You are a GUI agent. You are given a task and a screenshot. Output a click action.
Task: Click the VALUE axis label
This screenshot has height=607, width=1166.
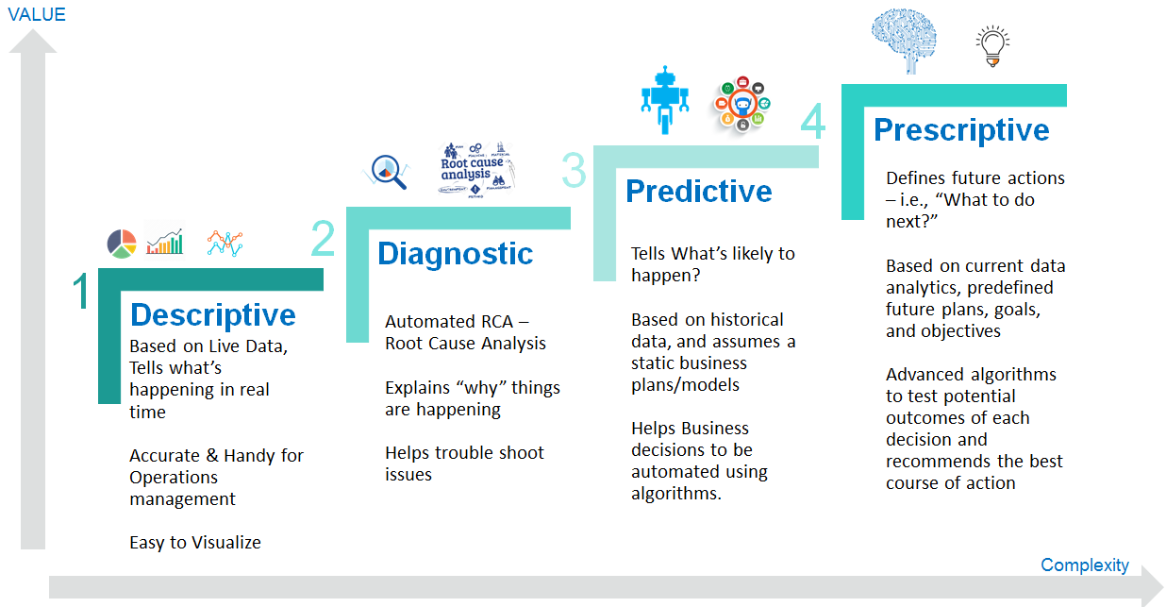pyautogui.click(x=36, y=14)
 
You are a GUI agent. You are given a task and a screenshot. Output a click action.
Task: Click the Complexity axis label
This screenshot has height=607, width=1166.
pyautogui.click(x=1084, y=565)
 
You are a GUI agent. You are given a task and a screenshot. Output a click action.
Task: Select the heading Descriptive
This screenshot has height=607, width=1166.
pyautogui.click(x=212, y=314)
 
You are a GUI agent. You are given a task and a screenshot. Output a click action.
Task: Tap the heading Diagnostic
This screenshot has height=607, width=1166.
pyautogui.click(x=455, y=253)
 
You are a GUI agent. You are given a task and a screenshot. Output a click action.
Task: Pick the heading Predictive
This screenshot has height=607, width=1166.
pyautogui.click(x=698, y=191)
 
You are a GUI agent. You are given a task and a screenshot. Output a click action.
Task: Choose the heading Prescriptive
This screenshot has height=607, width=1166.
pyautogui.click(x=960, y=129)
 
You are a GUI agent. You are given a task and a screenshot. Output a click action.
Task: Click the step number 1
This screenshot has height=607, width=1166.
pyautogui.click(x=81, y=293)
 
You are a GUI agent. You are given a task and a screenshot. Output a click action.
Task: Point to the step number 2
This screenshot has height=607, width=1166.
pyautogui.click(x=323, y=239)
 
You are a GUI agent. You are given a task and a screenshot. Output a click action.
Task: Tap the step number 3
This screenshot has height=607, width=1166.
pyautogui.click(x=574, y=172)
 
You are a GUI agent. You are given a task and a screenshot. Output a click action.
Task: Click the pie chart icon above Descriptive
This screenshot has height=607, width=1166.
pyautogui.click(x=122, y=244)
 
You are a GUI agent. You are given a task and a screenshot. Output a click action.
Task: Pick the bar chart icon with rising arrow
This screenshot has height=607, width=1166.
pyautogui.click(x=164, y=242)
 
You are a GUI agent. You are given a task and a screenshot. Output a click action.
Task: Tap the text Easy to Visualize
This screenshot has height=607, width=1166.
pyautogui.click(x=195, y=542)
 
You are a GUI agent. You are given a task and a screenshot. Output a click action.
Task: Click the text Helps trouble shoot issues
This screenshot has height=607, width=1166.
pyautogui.click(x=464, y=464)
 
